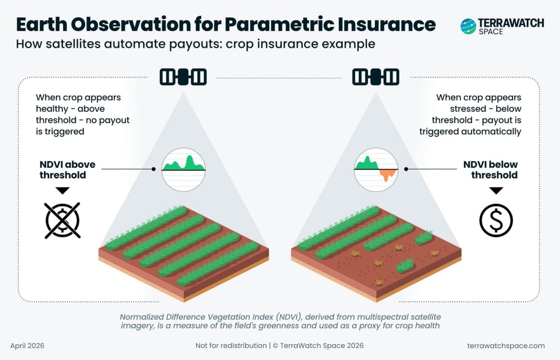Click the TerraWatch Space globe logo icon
pyautogui.click(x=468, y=26)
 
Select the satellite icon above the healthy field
pyautogui.click(x=183, y=77)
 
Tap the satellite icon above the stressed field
pyautogui.click(x=376, y=77)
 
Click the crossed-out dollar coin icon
pyautogui.click(x=63, y=220)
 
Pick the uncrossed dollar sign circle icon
pyautogui.click(x=496, y=220)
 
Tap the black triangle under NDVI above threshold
pyautogui.click(x=63, y=191)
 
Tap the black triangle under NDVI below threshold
pyautogui.click(x=496, y=191)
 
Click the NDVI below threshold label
pyautogui.click(x=490, y=170)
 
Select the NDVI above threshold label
pyautogui.click(x=67, y=170)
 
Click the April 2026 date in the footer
pyautogui.click(x=27, y=346)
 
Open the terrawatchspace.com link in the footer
pyautogui.click(x=506, y=346)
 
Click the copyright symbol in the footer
pyautogui.click(x=276, y=346)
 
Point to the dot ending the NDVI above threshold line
pyautogui.click(x=154, y=169)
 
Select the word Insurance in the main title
pyautogui.click(x=387, y=24)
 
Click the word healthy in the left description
pyautogui.click(x=52, y=109)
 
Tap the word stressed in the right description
pyautogui.click(x=468, y=109)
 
